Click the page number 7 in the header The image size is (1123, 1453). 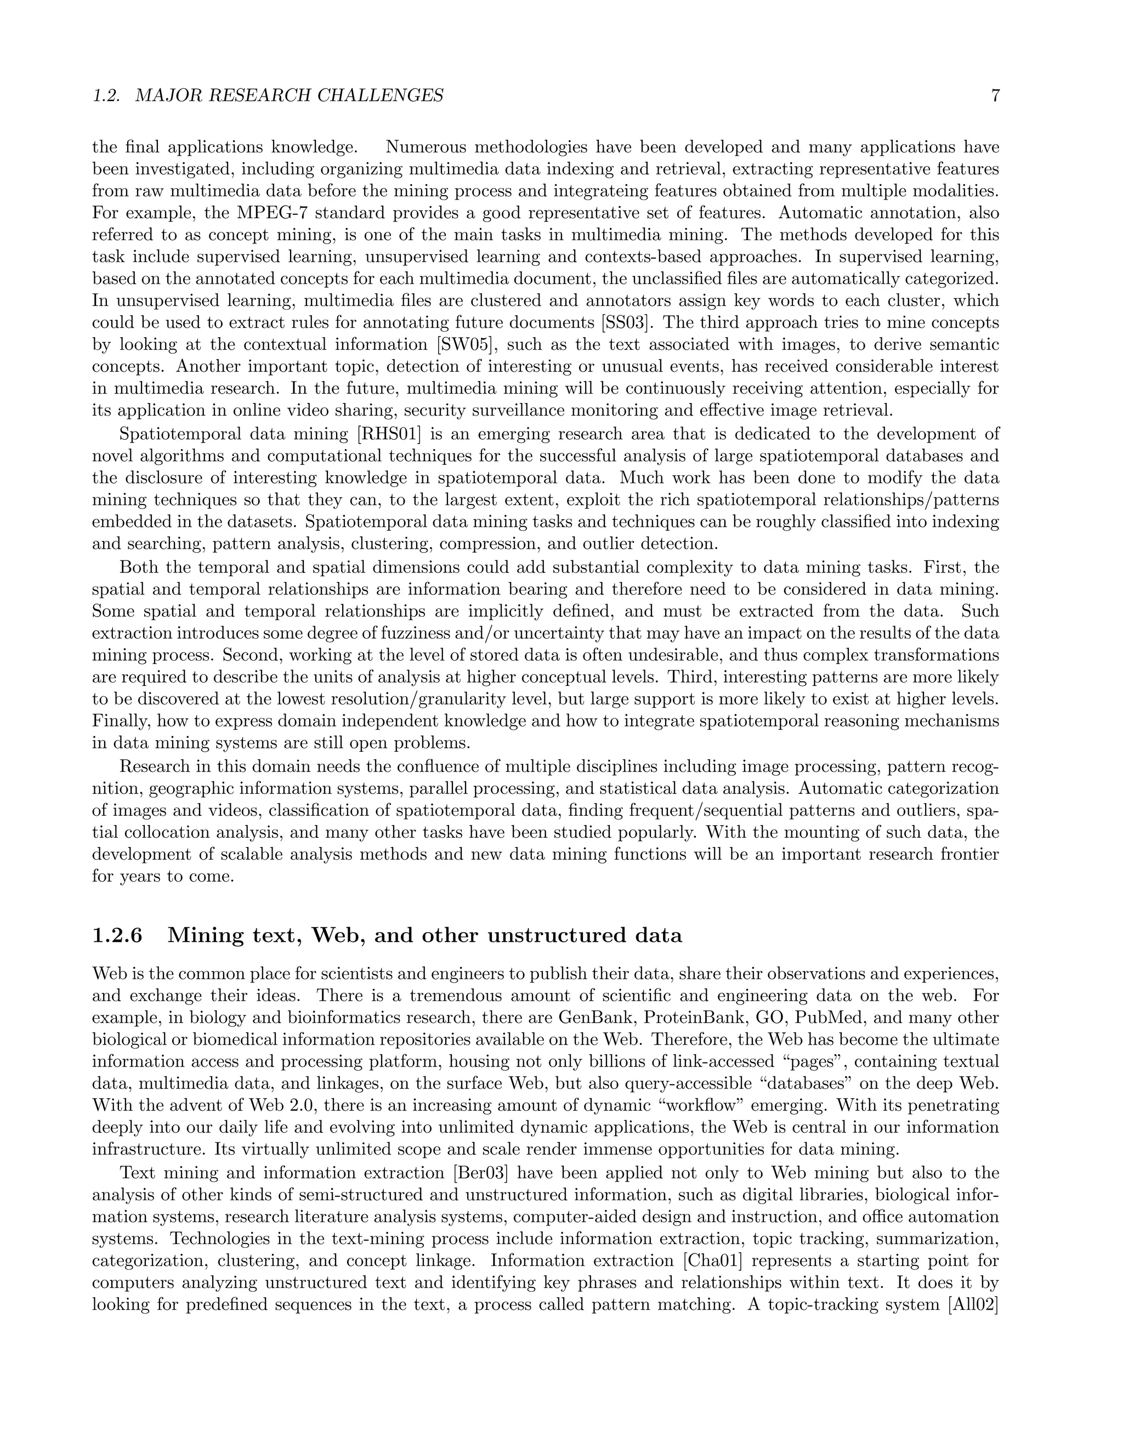(x=995, y=96)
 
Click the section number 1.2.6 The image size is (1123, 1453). (x=117, y=935)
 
